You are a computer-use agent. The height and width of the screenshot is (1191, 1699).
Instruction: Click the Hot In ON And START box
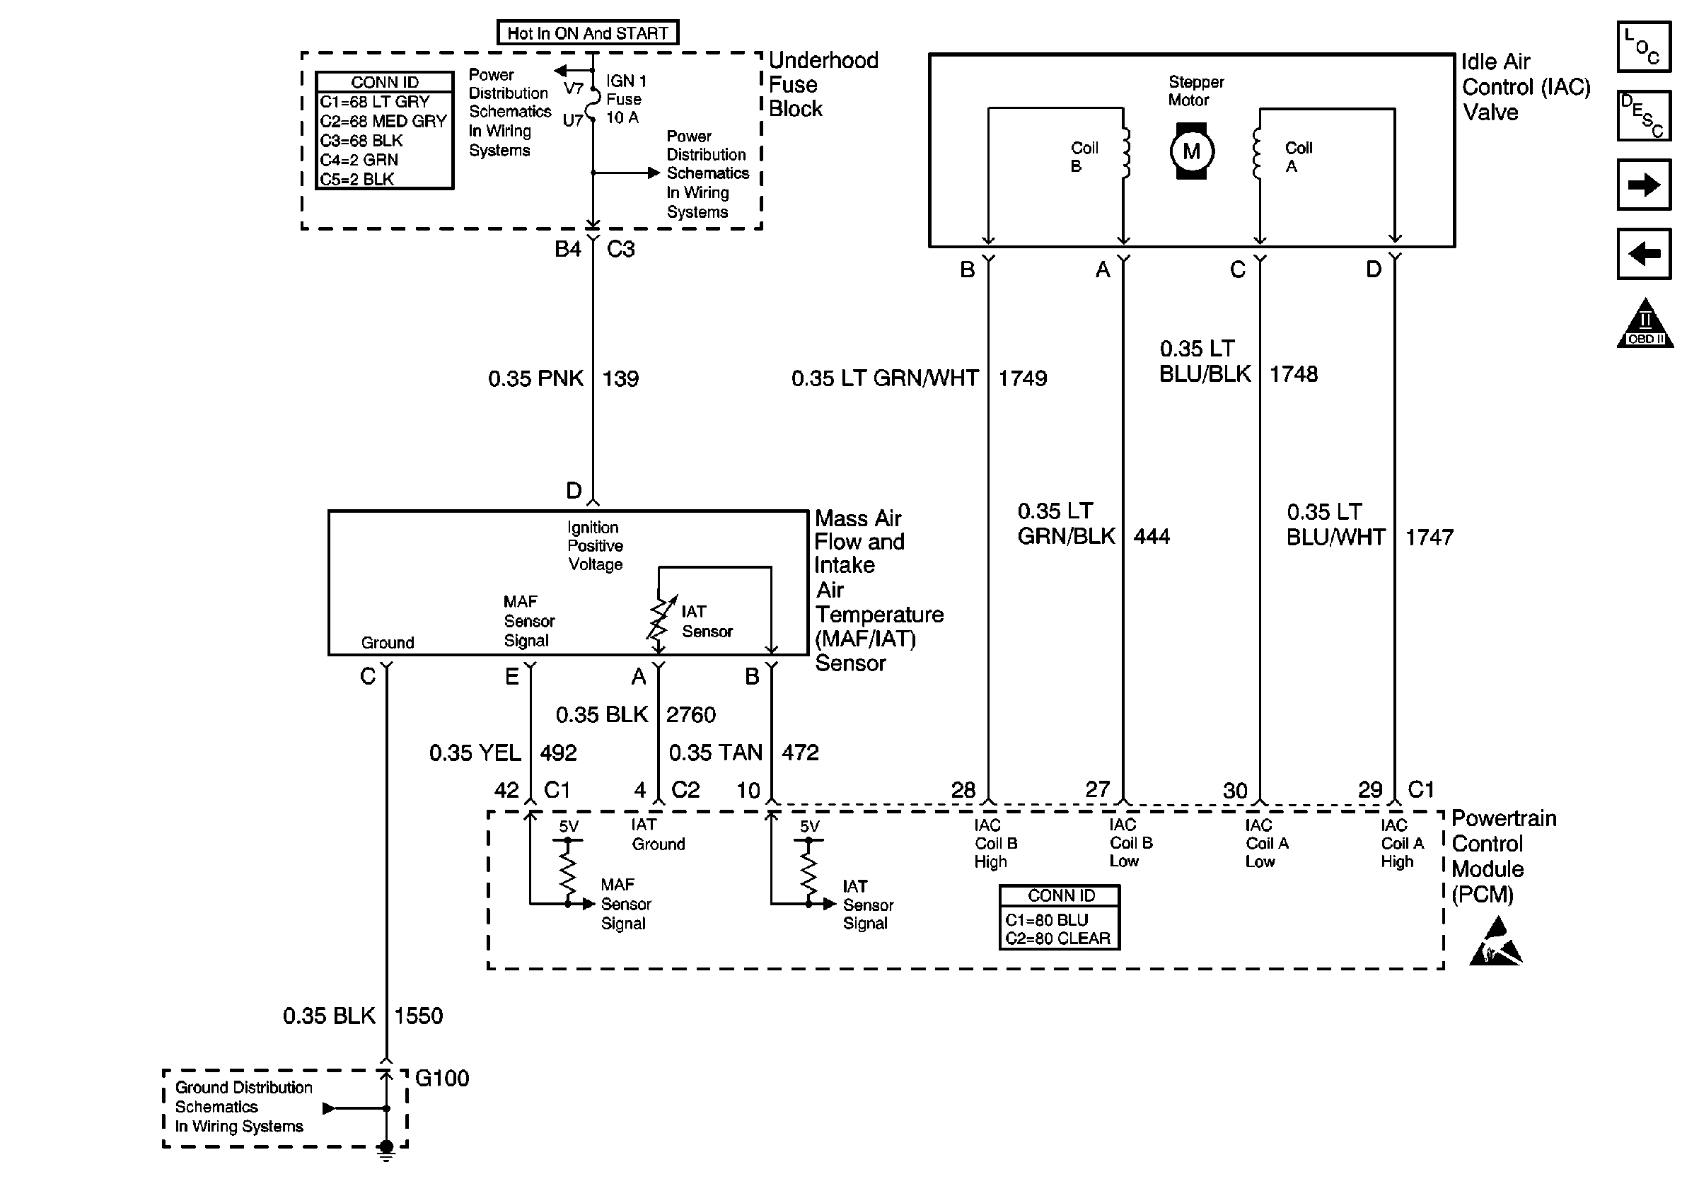[x=587, y=33]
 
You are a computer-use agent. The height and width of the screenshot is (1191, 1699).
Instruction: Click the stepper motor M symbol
[x=1190, y=151]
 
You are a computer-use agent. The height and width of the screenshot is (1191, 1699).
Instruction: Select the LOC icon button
[x=1644, y=47]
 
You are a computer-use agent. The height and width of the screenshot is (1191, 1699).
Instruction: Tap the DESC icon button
[x=1644, y=115]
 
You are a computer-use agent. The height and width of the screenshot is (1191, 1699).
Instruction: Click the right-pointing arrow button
[x=1644, y=184]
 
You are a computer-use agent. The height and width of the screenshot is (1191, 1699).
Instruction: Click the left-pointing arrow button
[x=1644, y=254]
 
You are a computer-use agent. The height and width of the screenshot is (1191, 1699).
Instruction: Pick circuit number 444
[x=1152, y=536]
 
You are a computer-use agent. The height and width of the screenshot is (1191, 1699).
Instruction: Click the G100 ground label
[x=442, y=1078]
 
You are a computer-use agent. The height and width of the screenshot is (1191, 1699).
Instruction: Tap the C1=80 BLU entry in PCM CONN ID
[x=1046, y=919]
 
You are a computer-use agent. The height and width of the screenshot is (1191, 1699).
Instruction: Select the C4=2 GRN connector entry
[x=359, y=160]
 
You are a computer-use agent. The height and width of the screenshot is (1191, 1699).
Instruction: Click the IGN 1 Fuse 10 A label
[x=625, y=99]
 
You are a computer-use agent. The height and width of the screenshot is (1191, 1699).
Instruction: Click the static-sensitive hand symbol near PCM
[x=1495, y=943]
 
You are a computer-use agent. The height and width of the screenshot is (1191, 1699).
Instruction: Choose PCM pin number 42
[x=506, y=790]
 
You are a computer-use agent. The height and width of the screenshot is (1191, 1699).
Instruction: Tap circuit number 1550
[x=418, y=1016]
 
